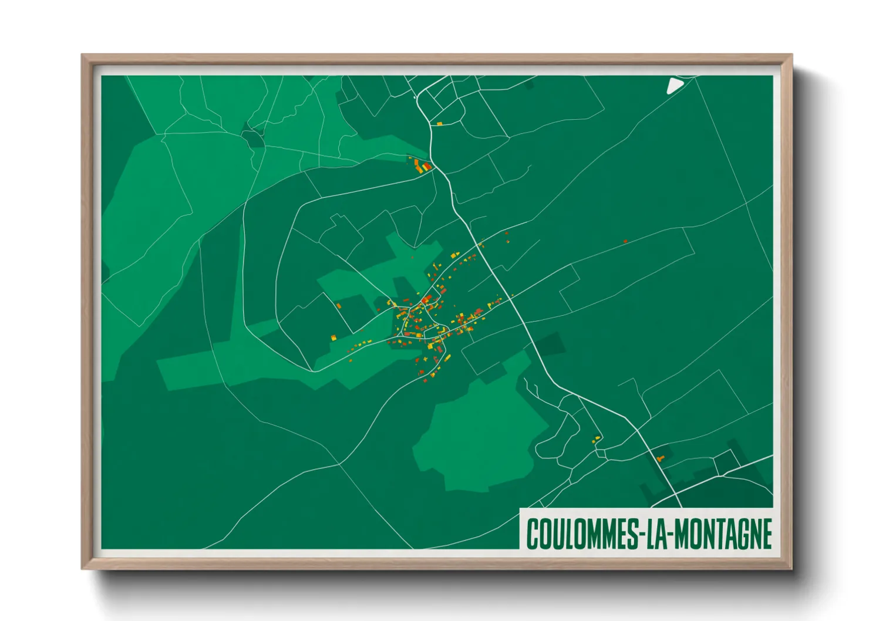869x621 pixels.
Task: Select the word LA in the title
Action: coord(655,534)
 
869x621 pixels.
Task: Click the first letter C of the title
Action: coord(533,534)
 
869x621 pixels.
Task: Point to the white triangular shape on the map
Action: coord(674,86)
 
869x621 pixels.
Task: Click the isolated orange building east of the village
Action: coord(625,241)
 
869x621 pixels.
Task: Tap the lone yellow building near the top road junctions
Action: coord(439,123)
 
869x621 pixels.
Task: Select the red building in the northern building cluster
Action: coord(427,167)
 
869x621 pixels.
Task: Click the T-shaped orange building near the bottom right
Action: coord(660,457)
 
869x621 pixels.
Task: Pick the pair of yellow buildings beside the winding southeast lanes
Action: coord(597,438)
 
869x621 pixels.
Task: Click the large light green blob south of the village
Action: coord(481,434)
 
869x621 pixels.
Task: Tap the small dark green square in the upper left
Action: coord(253,138)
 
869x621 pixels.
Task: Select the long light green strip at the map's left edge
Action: coord(141,235)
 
